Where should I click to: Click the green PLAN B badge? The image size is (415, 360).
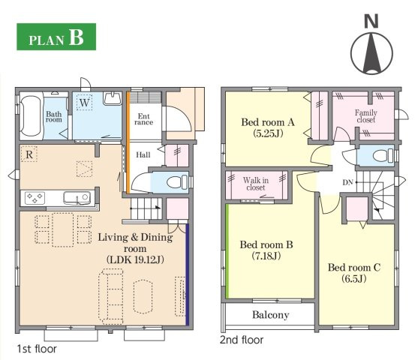(x=56, y=37)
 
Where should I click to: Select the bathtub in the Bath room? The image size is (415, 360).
(x=31, y=116)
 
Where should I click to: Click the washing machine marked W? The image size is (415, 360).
(x=85, y=102)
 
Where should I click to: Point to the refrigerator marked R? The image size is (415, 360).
(x=29, y=154)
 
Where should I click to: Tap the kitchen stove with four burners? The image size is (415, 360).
(x=35, y=198)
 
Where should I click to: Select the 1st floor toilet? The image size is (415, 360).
(x=177, y=182)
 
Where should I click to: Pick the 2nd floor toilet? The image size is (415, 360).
(x=383, y=155)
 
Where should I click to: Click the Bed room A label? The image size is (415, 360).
(x=268, y=122)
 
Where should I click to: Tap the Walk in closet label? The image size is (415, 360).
(x=256, y=184)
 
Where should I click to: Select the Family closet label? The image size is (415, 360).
(x=366, y=116)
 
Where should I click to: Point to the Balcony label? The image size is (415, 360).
(x=270, y=315)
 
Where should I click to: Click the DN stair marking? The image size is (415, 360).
(x=347, y=182)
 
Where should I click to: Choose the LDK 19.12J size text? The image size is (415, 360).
(x=135, y=259)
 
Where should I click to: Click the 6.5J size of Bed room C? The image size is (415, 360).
(x=354, y=278)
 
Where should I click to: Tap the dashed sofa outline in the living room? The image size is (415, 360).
(x=111, y=296)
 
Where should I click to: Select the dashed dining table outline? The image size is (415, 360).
(x=63, y=229)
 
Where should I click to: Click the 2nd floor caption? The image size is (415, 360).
(x=242, y=340)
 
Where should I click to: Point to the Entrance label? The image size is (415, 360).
(x=144, y=119)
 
